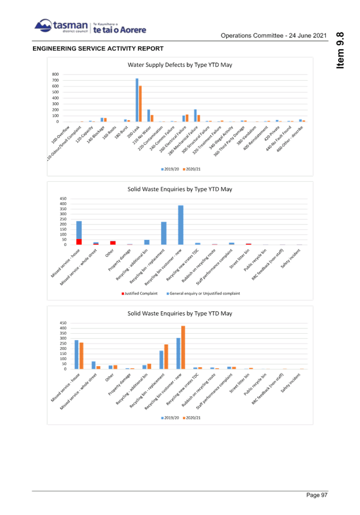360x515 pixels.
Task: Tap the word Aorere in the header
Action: point(134,29)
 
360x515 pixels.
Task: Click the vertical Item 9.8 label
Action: point(340,51)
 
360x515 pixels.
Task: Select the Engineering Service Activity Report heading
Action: point(98,48)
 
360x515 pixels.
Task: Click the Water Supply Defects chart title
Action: point(179,65)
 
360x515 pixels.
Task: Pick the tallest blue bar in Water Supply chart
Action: point(137,99)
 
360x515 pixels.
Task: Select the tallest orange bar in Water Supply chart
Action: point(140,103)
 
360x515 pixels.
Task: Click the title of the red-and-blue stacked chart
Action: point(179,189)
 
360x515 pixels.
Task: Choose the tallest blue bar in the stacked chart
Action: point(181,225)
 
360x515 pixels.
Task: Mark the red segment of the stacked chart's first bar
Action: point(79,241)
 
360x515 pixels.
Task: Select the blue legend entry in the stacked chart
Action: point(202,293)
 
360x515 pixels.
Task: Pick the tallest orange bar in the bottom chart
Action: point(183,347)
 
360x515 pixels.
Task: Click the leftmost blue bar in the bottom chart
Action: point(77,354)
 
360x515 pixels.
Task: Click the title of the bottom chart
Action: point(179,313)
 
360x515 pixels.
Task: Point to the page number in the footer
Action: point(317,495)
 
